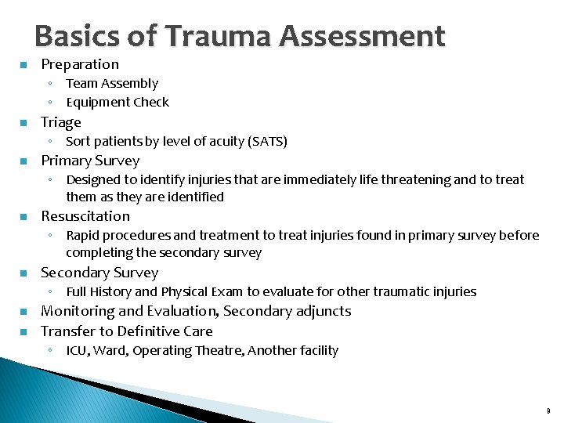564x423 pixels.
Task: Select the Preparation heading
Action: coord(80,64)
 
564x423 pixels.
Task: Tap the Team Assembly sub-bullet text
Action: coord(112,83)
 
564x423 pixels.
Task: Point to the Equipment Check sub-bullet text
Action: coord(117,102)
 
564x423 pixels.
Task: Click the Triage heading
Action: coord(61,122)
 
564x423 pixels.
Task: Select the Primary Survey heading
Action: coord(90,161)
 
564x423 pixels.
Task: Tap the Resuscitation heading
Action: coord(85,216)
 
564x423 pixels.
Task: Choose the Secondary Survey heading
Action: coord(99,273)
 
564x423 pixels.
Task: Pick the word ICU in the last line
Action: coord(77,350)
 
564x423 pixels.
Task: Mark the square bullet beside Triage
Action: coord(23,123)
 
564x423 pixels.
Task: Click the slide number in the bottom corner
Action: coord(548,410)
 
